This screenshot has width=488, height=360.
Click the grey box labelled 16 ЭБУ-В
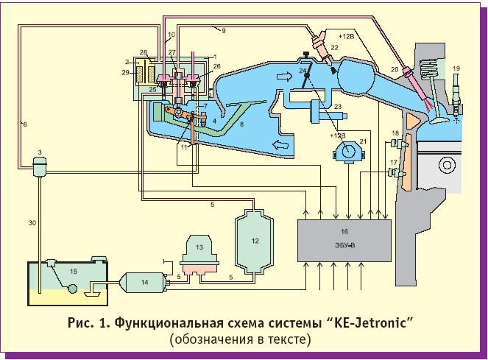click(x=344, y=237)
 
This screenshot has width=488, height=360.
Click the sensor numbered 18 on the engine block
click(x=397, y=138)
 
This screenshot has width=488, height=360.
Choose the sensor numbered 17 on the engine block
click(x=397, y=174)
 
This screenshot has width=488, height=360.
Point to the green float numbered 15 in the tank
click(x=71, y=282)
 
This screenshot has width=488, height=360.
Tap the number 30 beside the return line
click(x=32, y=222)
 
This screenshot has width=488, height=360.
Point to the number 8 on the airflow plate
click(x=242, y=126)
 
